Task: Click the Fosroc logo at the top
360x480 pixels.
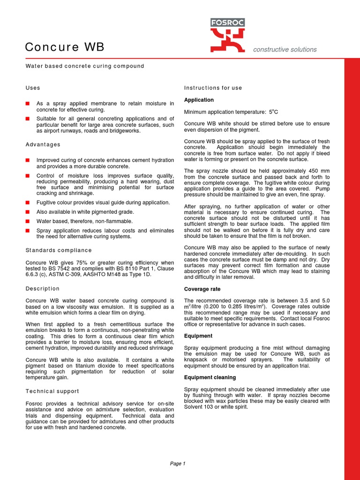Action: pos(227,35)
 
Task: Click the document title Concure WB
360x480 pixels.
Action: pos(64,47)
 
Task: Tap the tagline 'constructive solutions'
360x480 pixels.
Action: pos(285,50)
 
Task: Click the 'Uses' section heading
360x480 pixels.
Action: pos(32,88)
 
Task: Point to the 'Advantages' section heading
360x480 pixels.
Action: pos(43,144)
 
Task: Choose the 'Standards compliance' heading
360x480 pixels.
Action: pos(58,250)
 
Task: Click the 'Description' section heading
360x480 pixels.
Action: pos(42,289)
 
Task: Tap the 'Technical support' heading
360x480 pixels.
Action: pos(52,391)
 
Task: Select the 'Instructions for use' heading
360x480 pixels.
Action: pos(213,88)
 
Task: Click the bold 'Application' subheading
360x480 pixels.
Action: pos(199,100)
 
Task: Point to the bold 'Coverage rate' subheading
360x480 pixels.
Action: pos(202,289)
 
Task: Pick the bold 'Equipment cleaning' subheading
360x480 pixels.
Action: pos(210,377)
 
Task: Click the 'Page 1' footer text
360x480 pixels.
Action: pos(178,464)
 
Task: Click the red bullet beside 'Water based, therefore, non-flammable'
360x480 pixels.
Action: pos(28,221)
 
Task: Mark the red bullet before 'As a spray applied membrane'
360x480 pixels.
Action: pos(28,103)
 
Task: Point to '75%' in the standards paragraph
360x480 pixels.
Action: pos(75,262)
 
